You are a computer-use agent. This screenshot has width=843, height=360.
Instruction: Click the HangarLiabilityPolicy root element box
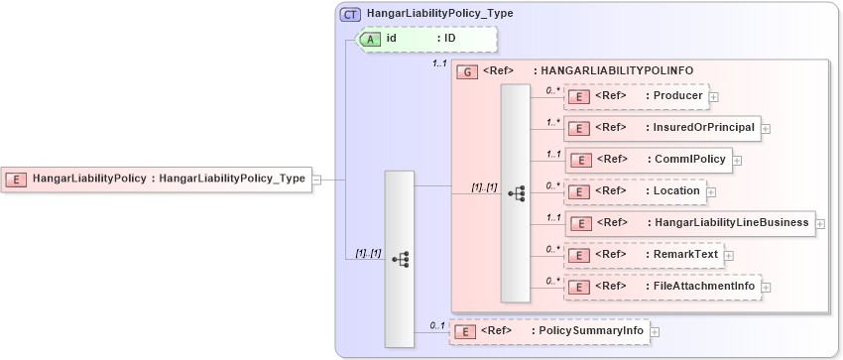(157, 180)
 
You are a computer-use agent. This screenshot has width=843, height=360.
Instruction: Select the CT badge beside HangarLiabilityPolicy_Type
(350, 15)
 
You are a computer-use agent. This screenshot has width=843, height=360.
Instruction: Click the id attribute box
(426, 40)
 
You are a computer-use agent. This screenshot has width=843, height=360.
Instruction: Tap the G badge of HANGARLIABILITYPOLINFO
(464, 71)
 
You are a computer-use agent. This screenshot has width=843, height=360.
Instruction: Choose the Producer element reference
(635, 96)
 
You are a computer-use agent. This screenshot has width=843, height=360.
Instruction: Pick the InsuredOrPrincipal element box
(662, 128)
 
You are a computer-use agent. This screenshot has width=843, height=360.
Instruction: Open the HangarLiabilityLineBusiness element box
(689, 222)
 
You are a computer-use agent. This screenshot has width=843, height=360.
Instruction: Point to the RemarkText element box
(643, 254)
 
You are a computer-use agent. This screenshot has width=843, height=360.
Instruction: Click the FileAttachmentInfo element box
(662, 286)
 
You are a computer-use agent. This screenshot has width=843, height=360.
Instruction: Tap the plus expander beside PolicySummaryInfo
(655, 331)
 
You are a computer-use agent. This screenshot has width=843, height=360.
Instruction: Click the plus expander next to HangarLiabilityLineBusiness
(820, 223)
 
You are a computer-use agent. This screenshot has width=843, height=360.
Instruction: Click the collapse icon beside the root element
(316, 180)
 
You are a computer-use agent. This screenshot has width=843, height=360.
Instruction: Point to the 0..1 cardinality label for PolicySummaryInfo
(436, 324)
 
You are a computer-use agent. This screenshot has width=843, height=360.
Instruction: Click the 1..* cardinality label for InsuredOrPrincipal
(552, 122)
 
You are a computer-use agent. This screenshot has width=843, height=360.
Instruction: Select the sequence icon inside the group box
(516, 193)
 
